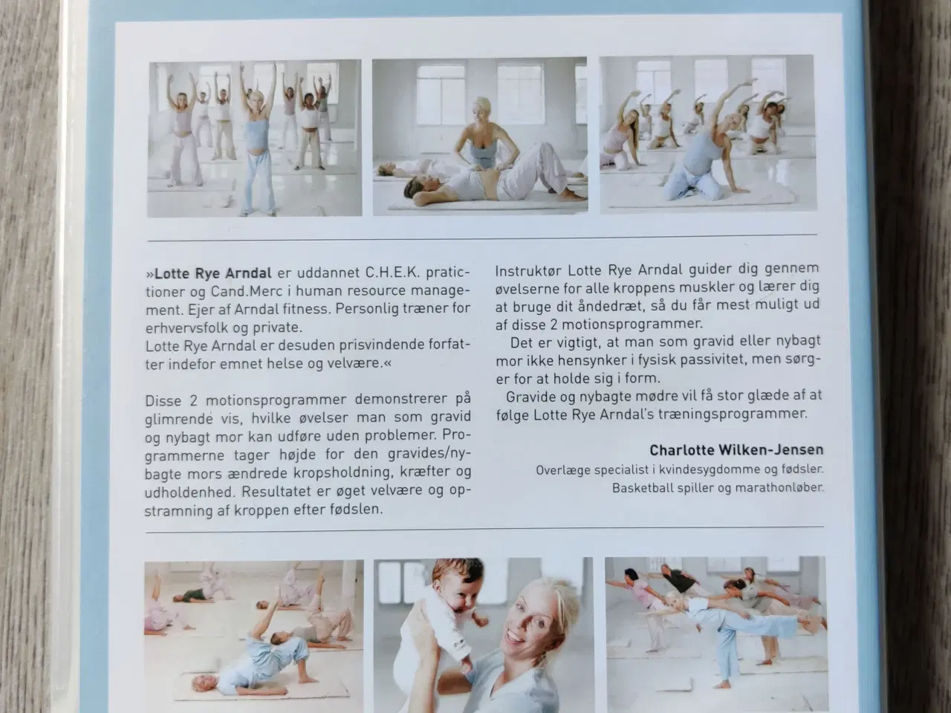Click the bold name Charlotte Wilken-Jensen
tap(736, 450)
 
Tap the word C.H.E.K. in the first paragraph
tap(393, 273)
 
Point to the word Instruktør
tap(528, 270)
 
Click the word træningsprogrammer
tap(733, 414)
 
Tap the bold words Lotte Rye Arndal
tap(213, 273)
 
